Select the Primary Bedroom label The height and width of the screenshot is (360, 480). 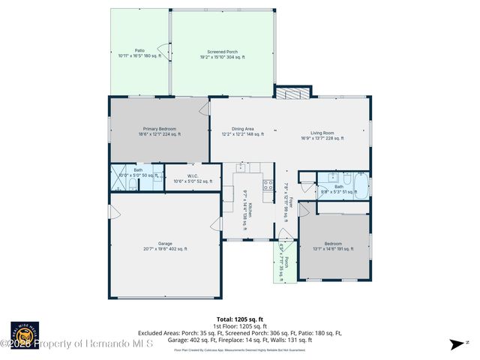pyautogui.click(x=158, y=131)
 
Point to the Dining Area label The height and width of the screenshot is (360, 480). pyautogui.click(x=242, y=131)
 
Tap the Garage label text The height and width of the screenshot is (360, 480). pyautogui.click(x=165, y=246)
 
